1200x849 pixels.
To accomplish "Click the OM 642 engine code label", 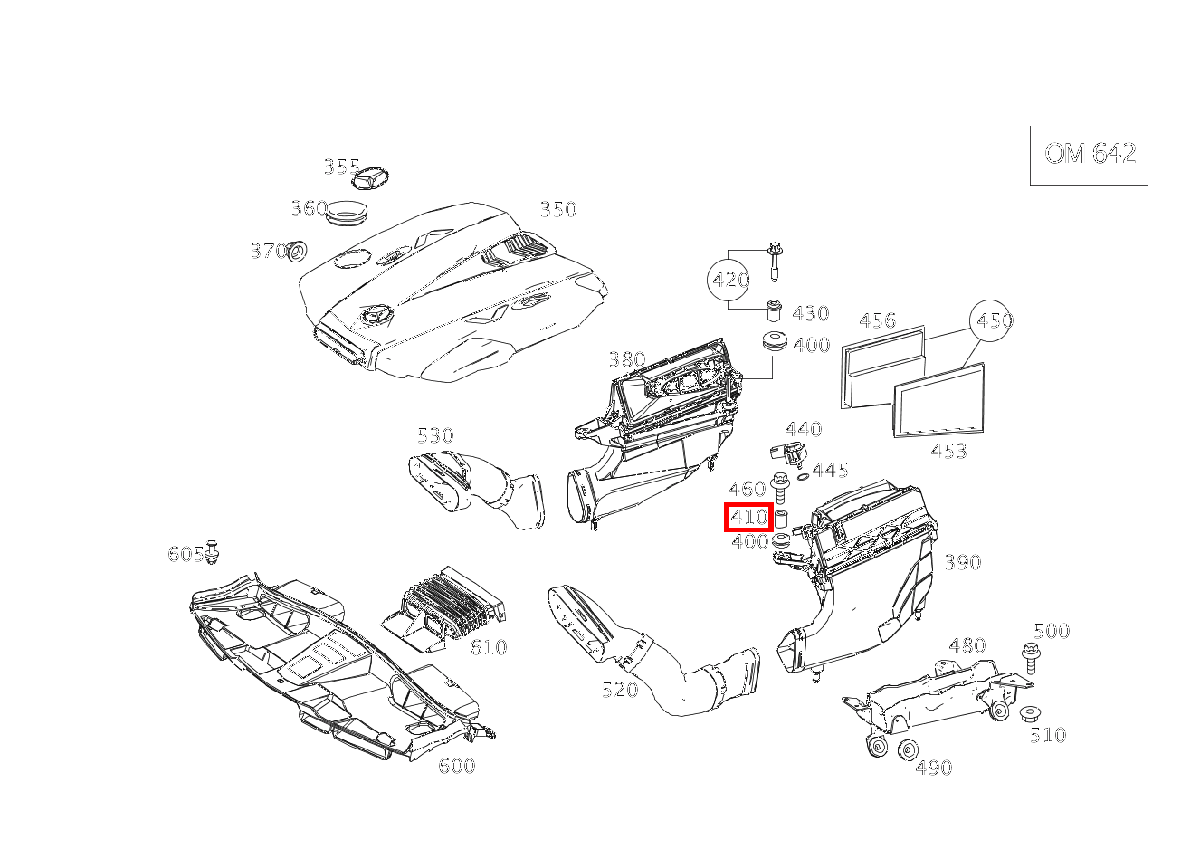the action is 1090,154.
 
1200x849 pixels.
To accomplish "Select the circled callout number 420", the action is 728,280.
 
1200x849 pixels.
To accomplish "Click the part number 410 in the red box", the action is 748,517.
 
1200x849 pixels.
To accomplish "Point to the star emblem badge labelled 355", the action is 370,177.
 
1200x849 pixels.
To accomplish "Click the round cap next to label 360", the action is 348,214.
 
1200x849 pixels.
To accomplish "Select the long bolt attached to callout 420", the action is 774,262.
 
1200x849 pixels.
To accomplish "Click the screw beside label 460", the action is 779,489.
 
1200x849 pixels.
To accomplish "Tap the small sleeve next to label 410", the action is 780,519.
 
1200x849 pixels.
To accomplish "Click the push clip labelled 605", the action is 212,552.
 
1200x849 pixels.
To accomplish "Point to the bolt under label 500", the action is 1030,658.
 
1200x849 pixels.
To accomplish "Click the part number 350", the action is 558,209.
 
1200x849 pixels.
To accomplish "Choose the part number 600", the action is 456,766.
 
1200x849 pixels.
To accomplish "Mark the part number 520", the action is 620,689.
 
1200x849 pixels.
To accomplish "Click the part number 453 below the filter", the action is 948,451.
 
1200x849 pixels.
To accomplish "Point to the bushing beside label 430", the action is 775,310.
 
